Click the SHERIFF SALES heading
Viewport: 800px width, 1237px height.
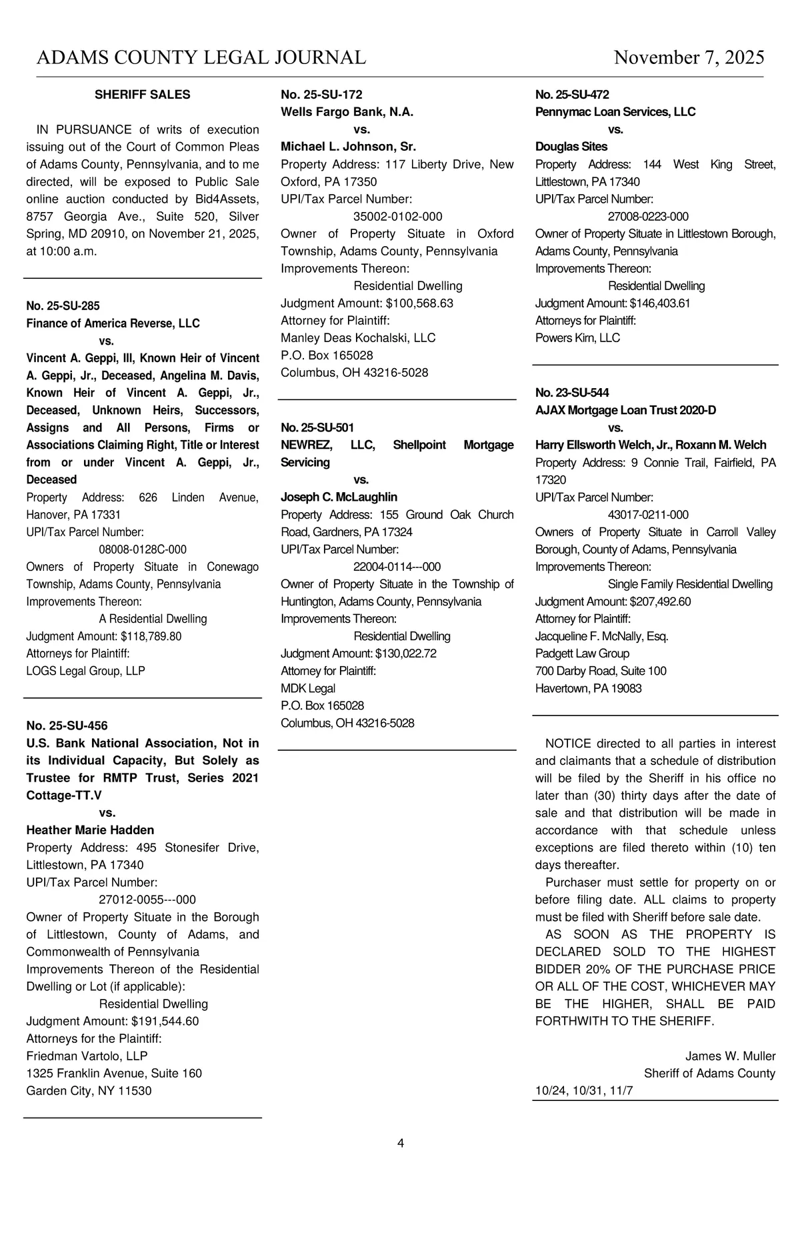pos(142,95)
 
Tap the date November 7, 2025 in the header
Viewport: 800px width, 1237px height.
pos(689,57)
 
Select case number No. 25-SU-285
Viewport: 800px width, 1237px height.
pos(63,306)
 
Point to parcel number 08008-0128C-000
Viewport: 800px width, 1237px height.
pos(143,549)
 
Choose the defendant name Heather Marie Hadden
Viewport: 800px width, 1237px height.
pos(90,830)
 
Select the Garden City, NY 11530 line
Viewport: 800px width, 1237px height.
pos(89,1091)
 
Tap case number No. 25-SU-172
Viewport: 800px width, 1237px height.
pos(321,95)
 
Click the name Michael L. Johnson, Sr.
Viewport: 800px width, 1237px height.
pos(348,147)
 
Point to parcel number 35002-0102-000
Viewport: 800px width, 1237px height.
pos(397,216)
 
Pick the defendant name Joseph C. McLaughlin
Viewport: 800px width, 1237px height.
pos(339,497)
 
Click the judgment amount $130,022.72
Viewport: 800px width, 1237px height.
pos(405,654)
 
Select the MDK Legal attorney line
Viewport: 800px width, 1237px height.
pos(308,688)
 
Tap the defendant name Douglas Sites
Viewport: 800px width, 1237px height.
pos(571,147)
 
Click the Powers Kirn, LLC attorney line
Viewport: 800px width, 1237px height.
pos(577,337)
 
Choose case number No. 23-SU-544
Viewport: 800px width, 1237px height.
pos(572,393)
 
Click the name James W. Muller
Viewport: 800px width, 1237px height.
pos(730,1056)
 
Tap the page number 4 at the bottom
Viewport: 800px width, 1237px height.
pos(401,1143)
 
